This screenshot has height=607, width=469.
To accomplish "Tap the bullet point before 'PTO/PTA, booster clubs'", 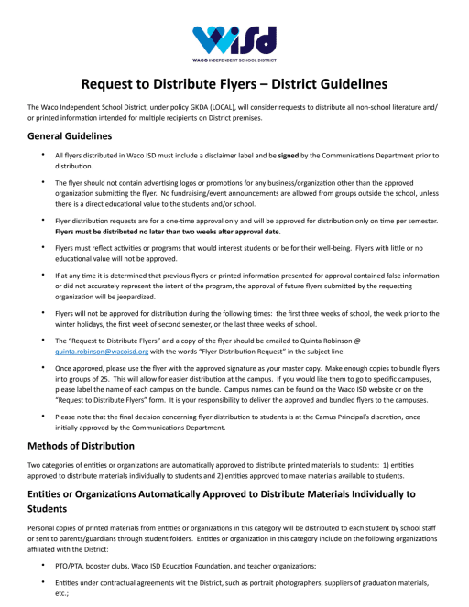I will click(x=43, y=556).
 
